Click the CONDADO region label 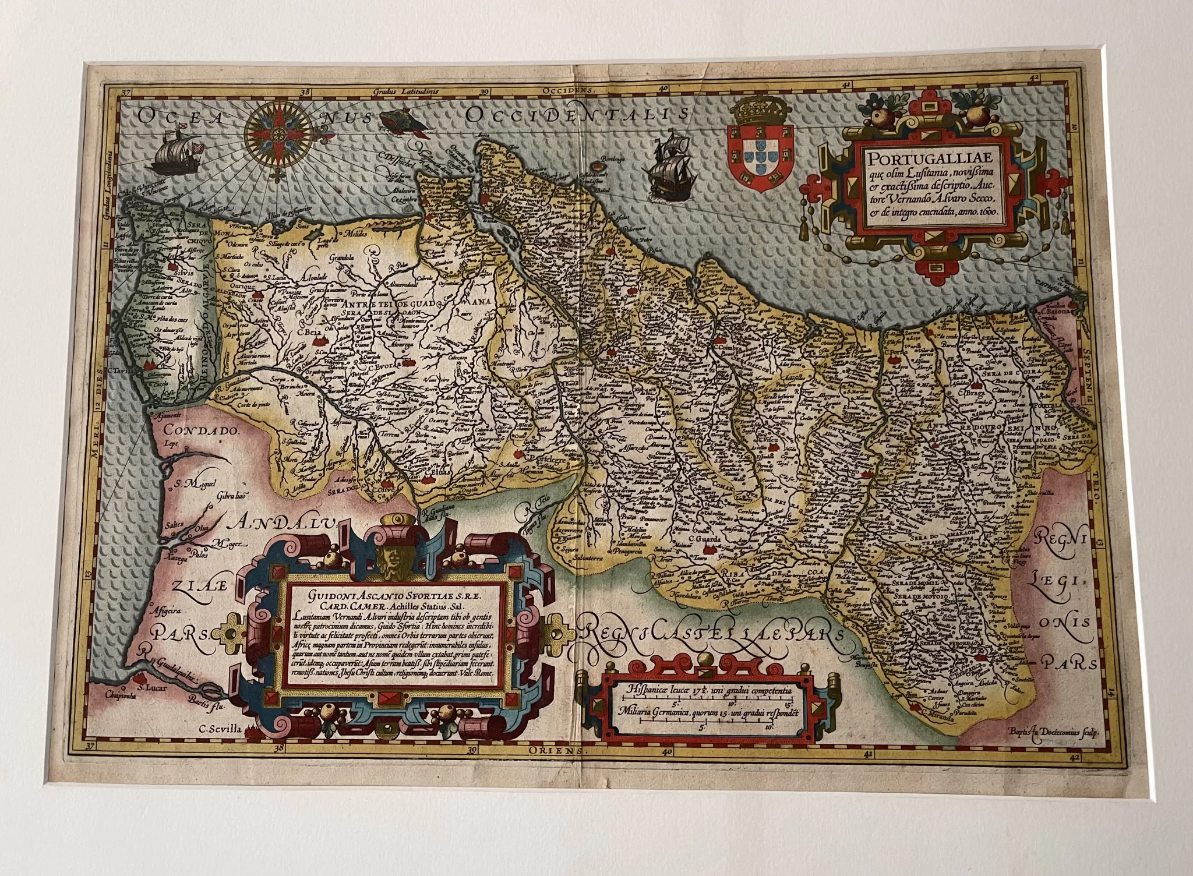[193, 431]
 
